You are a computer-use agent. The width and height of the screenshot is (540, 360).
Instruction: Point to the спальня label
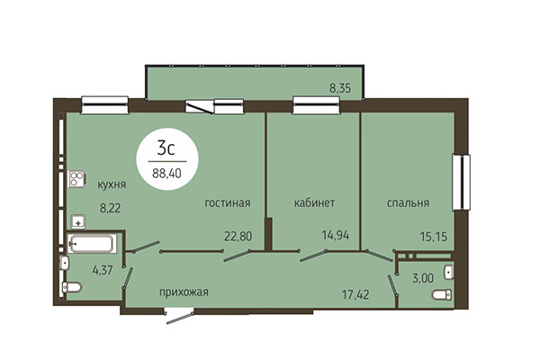coord(409,202)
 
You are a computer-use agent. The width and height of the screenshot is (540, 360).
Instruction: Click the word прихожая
coord(184,292)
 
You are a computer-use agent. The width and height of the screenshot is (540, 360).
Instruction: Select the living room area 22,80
coord(238,237)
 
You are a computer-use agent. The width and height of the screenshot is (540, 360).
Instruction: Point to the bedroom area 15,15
coord(433,237)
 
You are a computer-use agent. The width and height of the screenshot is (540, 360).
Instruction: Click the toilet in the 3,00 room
coord(441,295)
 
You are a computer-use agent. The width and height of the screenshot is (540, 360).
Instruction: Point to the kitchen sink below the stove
coord(76,219)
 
